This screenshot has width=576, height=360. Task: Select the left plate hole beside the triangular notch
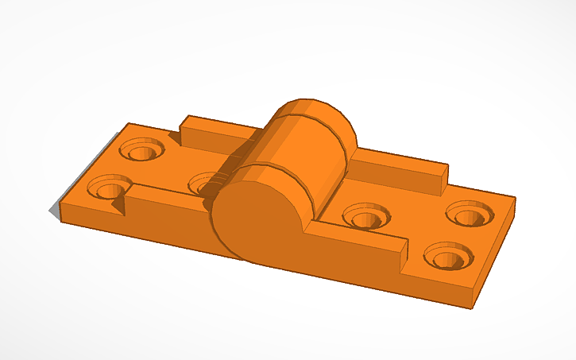(x=108, y=190)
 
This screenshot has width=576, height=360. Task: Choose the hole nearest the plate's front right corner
(x=449, y=256)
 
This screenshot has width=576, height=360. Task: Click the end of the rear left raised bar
(x=183, y=131)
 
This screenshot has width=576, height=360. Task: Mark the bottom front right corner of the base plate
(x=474, y=308)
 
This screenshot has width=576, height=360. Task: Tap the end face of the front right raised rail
(x=401, y=258)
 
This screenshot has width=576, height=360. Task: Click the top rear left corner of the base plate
(x=128, y=124)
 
